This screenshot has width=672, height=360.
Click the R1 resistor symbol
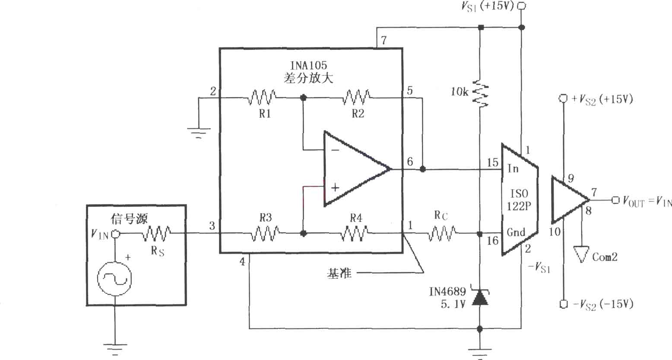(262, 97)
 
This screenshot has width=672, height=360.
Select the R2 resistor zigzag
(356, 97)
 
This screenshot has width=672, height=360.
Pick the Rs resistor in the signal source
(156, 234)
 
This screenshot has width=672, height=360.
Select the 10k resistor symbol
(480, 93)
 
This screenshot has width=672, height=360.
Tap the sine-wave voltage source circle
(115, 279)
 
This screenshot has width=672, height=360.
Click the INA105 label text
(308, 65)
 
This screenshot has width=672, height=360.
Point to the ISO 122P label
(519, 200)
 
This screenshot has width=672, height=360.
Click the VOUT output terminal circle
(615, 200)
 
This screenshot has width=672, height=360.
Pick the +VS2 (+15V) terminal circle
(563, 99)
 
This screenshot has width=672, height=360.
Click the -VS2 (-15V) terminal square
(564, 304)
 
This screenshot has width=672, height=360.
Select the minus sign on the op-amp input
(336, 150)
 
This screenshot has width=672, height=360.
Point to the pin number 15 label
(492, 162)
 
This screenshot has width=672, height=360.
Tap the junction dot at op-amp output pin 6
(422, 169)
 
